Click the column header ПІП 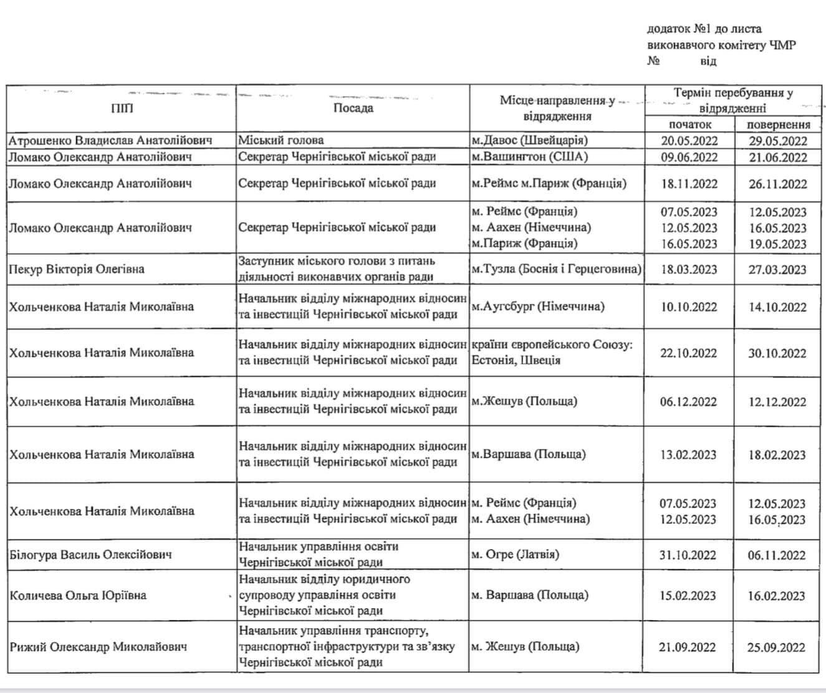122,108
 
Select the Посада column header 353,108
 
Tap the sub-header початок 689,124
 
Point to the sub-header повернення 778,124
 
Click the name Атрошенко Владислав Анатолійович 110,140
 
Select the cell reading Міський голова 281,140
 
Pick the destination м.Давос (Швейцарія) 529,140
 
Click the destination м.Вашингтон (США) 529,156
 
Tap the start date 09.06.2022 689,157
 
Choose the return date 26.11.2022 778,184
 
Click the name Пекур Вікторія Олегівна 77,269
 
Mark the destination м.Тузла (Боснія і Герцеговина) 556,269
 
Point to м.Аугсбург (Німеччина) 538,307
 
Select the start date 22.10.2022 689,353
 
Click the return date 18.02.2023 778,455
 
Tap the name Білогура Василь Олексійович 90,555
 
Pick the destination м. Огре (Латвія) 515,554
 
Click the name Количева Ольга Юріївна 78,595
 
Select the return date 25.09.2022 777,647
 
